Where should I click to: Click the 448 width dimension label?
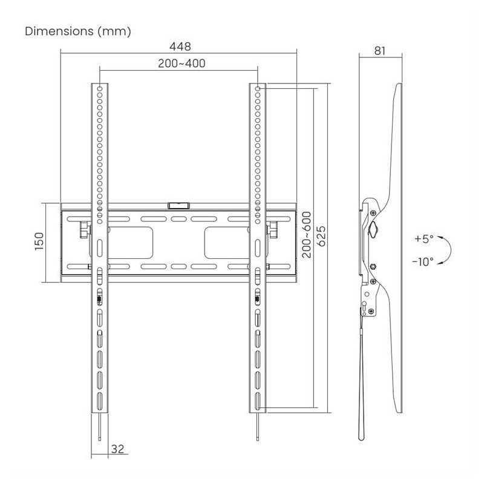click(x=180, y=47)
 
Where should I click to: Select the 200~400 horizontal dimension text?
click(x=181, y=64)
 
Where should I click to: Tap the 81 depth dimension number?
click(x=380, y=51)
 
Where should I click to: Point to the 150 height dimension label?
click(x=39, y=241)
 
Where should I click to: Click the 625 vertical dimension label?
click(x=321, y=236)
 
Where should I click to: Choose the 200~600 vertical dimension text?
click(x=307, y=235)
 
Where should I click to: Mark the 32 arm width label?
click(x=117, y=449)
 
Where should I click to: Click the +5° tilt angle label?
click(x=424, y=238)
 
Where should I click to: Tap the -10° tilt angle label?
click(x=422, y=262)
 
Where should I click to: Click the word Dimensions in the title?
click(x=59, y=31)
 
